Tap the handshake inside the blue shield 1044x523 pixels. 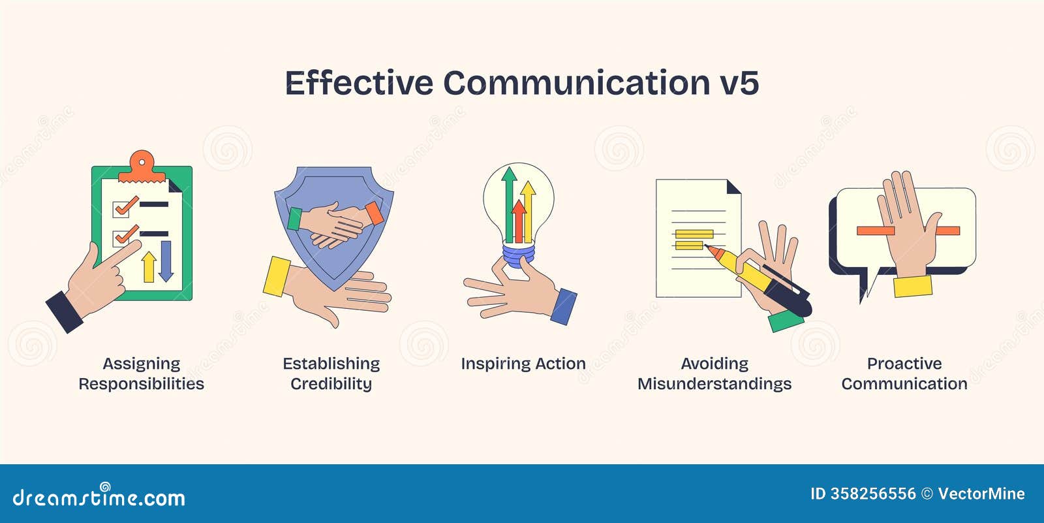335,224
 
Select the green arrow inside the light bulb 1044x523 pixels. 509,202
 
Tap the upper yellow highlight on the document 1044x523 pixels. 694,233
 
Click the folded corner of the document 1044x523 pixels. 733,187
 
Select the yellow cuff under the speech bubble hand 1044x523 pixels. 912,286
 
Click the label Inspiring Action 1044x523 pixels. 523,364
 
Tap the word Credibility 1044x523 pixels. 331,384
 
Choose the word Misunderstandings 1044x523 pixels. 714,384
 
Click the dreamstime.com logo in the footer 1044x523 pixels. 99,498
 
